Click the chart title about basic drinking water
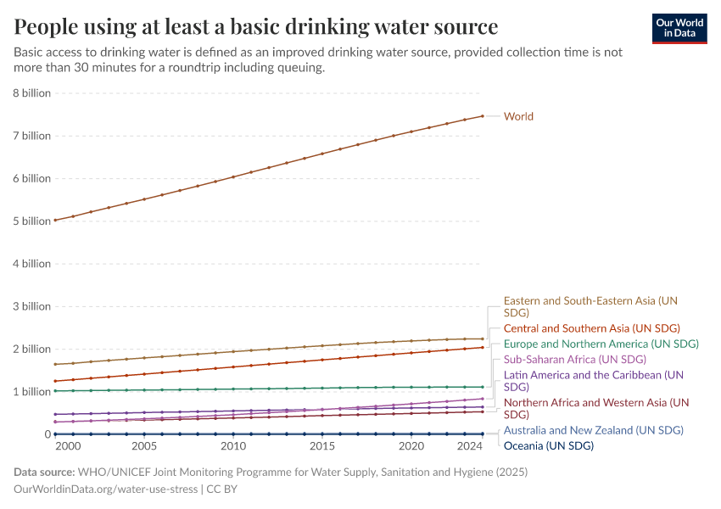click(x=255, y=25)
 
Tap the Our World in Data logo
click(x=679, y=28)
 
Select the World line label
click(x=518, y=116)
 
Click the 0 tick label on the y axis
click(x=48, y=434)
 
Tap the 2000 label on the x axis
click(x=68, y=446)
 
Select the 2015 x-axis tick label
click(x=322, y=446)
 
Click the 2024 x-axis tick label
click(x=469, y=446)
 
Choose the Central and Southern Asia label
click(x=591, y=328)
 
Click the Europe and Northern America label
click(x=601, y=344)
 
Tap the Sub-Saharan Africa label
click(x=574, y=360)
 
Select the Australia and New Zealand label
click(x=593, y=431)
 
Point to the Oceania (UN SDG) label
click(x=548, y=446)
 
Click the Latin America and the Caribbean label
click(x=593, y=375)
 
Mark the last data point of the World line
click(x=483, y=116)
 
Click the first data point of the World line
click(x=55, y=221)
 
